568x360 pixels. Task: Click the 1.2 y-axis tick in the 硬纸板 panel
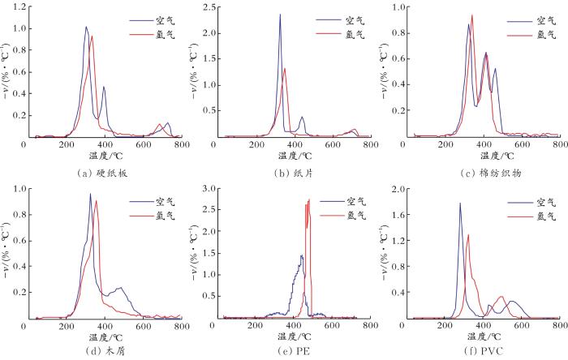(16, 7)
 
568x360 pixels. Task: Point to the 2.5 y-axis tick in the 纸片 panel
(208, 7)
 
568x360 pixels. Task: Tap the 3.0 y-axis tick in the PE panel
(208, 188)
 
